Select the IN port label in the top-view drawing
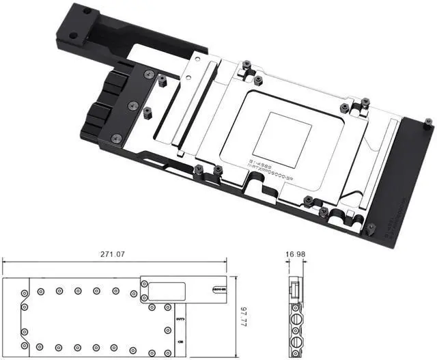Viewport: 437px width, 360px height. pyautogui.click(x=180, y=340)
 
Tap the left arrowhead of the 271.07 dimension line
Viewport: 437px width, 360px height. pyautogui.click(x=5, y=262)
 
